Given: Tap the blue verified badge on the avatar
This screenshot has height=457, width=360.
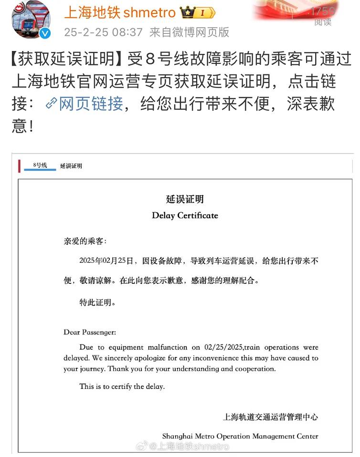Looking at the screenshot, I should pos(45,33).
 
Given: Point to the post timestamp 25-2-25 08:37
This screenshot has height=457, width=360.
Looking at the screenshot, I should pos(103,32).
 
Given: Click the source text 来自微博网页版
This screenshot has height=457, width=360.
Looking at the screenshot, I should pos(189,32).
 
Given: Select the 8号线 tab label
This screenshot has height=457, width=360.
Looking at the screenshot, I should pos(40,165).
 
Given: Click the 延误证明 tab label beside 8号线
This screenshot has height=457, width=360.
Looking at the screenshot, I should pos(71,166).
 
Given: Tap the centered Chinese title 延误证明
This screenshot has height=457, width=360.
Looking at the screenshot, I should pos(185,199).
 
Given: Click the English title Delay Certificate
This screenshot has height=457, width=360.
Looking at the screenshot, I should pos(185,215).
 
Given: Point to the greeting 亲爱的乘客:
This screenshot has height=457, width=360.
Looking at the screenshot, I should pos(85,241).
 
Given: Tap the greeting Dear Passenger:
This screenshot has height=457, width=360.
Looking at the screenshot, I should pos(90,332).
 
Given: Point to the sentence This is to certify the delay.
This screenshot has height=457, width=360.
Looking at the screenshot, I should pos(122,386).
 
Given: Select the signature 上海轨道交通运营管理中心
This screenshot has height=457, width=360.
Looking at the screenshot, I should pos(270,416).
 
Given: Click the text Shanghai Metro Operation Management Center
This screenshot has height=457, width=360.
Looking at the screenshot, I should pos(240,436).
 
